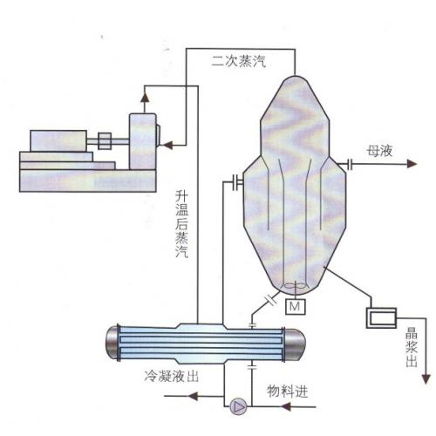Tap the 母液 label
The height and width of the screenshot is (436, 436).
pyautogui.click(x=381, y=151)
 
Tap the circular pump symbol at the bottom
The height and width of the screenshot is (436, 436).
pyautogui.click(x=236, y=405)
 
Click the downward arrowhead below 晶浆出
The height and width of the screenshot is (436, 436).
pyautogui.click(x=425, y=378)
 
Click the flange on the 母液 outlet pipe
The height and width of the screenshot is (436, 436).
pyautogui.click(x=347, y=163)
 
